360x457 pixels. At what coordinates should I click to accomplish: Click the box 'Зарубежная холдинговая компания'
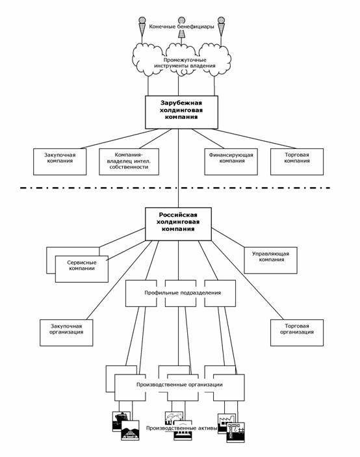(181, 112)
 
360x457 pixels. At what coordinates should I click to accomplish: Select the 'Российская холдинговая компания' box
(178, 224)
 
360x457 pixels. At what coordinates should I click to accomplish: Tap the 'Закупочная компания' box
(60, 162)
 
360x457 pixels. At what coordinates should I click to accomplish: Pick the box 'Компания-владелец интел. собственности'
(129, 162)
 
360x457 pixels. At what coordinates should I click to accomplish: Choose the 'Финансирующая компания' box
(231, 162)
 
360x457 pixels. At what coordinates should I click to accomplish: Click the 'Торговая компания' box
(297, 162)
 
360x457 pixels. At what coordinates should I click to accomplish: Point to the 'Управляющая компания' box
(270, 260)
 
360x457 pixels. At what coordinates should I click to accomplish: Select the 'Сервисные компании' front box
(82, 269)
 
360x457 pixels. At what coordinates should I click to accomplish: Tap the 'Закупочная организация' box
(66, 333)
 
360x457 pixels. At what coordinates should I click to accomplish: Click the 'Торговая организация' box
(297, 333)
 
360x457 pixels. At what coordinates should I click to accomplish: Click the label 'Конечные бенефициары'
(181, 27)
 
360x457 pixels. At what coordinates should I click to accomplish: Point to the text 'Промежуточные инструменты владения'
(185, 62)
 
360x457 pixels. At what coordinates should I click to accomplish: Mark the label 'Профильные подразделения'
(183, 293)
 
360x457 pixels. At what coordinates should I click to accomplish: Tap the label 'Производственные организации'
(179, 384)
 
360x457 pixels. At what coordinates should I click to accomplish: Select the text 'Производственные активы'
(182, 428)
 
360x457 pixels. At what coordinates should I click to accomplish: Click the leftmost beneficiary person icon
(142, 25)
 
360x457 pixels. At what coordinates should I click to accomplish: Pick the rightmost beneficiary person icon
(221, 25)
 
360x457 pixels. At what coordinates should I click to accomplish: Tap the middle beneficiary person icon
(181, 28)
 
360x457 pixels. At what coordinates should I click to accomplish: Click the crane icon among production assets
(236, 432)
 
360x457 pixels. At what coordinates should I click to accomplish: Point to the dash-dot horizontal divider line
(175, 188)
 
